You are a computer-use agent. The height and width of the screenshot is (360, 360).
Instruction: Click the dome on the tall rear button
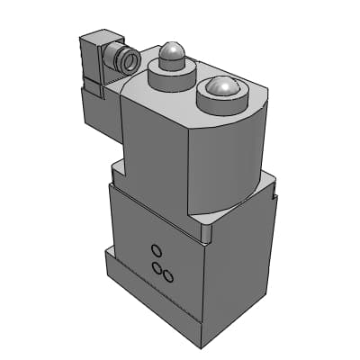[171, 57]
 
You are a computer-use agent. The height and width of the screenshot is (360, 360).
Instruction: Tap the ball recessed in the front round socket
[219, 87]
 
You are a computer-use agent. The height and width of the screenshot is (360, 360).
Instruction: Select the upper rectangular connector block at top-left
[94, 58]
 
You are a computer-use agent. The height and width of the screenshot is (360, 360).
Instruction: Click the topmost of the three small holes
[156, 249]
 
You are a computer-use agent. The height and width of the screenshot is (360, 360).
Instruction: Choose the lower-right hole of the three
[166, 276]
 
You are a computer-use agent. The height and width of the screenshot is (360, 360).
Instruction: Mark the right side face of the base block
[238, 270]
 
